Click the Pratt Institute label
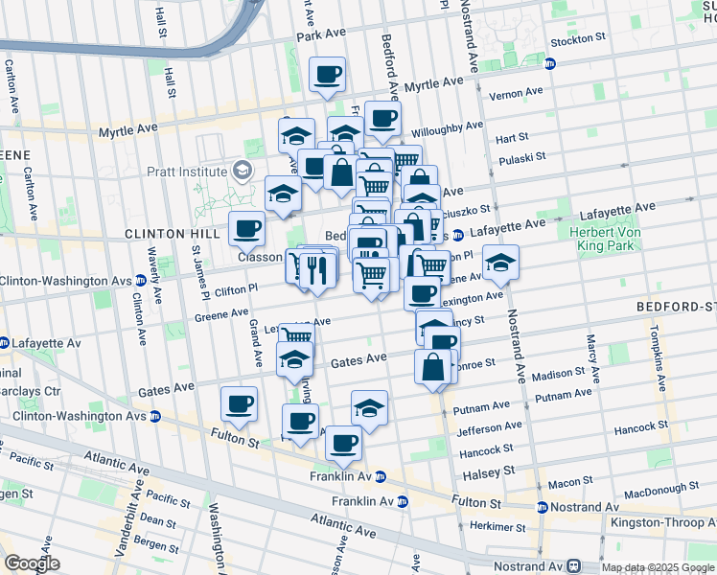tap(185, 172)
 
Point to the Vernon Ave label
tap(516, 94)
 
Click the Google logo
tap(32, 563)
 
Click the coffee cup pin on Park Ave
tap(328, 74)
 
